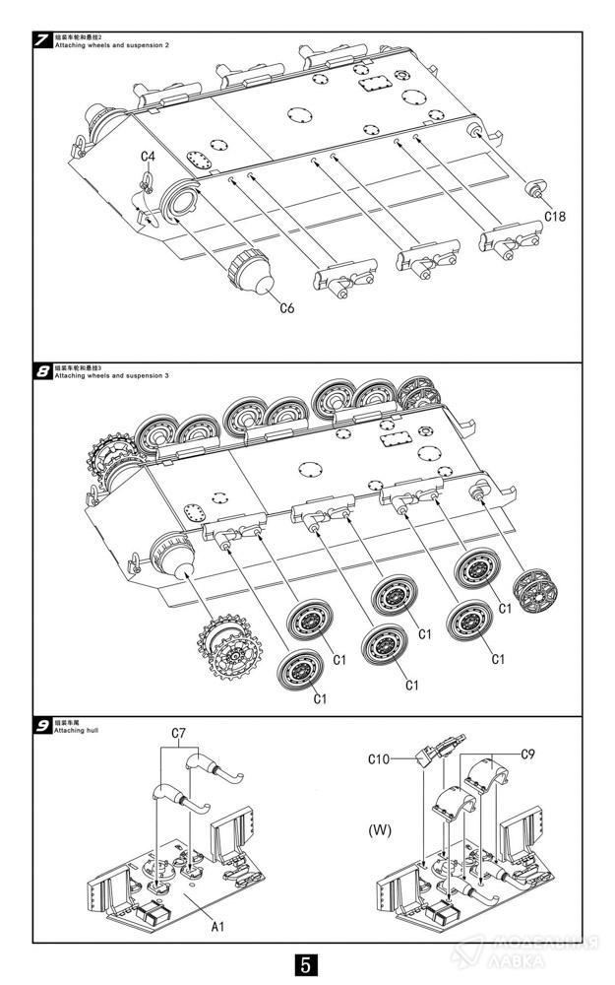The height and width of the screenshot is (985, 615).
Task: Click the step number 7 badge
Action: coord(42,41)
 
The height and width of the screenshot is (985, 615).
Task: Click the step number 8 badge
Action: coord(42,371)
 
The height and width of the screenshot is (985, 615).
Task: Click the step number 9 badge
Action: coord(42,726)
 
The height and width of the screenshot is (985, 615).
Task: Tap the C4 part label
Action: coord(148,157)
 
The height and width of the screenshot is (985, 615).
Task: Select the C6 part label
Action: coord(286,308)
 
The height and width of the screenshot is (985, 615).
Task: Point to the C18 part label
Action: coord(557,215)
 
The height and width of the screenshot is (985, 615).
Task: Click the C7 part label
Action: coord(179,734)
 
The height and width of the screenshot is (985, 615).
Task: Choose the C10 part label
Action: coord(380,758)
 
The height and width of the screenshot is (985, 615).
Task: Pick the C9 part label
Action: coord(527,755)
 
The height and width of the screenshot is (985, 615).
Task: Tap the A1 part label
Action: coord(217,926)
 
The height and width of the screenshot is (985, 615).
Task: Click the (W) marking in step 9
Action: coord(380,829)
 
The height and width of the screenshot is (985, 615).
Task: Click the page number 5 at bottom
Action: coord(307,963)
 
